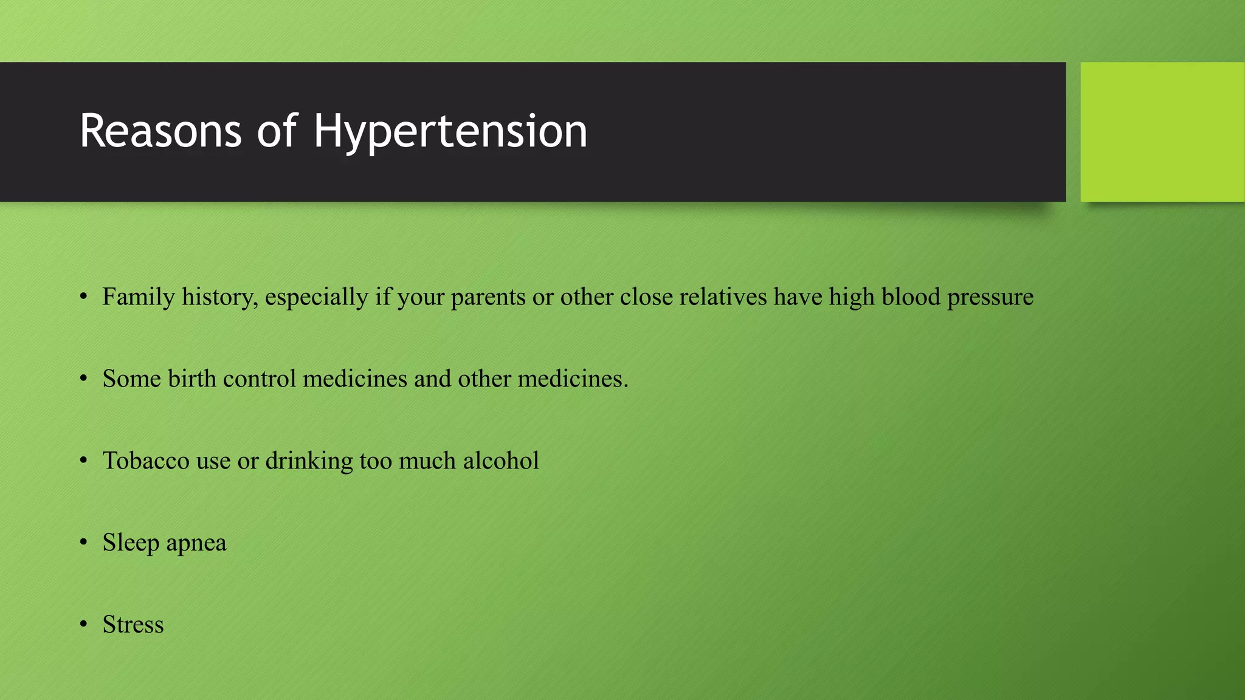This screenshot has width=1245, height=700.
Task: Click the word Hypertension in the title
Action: click(450, 132)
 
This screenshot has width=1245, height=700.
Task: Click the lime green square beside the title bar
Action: click(1162, 132)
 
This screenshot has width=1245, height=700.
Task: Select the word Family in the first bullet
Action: click(139, 297)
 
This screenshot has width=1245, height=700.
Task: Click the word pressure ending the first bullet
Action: click(990, 297)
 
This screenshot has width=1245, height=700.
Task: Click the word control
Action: click(260, 379)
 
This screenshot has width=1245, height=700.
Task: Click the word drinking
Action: click(309, 461)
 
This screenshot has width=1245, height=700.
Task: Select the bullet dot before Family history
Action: click(84, 297)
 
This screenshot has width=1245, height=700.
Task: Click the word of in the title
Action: click(277, 132)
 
